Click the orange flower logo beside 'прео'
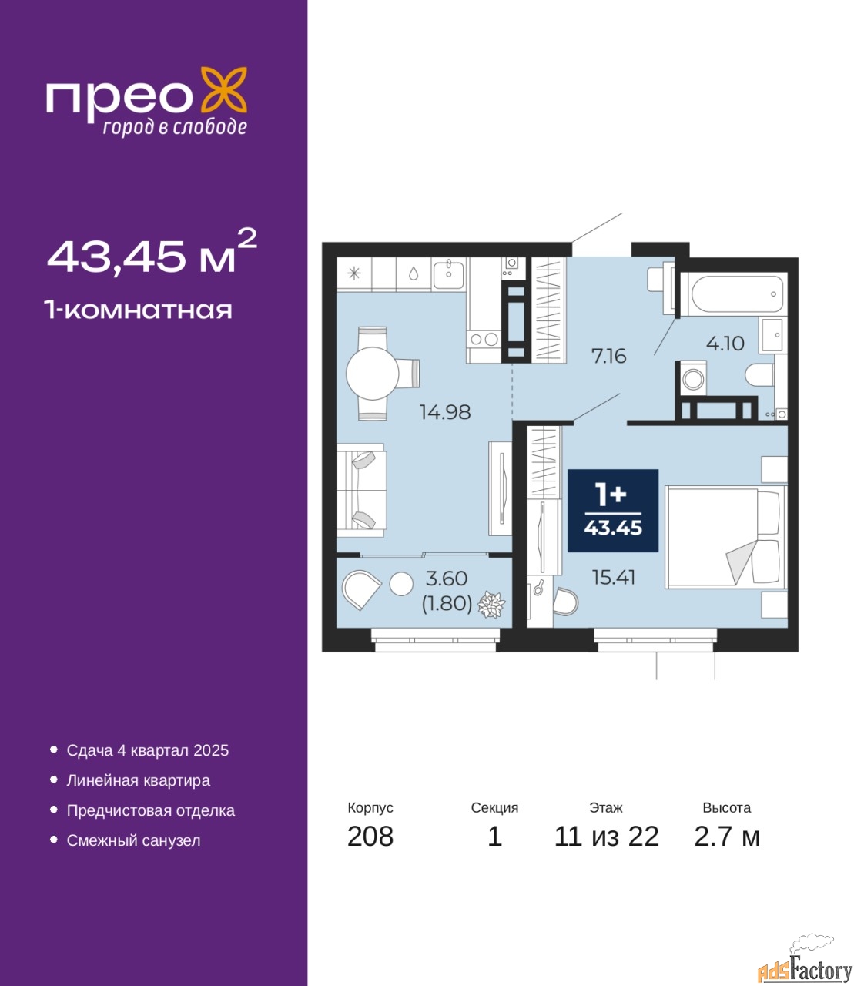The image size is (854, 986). point(223,89)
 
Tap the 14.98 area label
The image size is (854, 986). point(445,412)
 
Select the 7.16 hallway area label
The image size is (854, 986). point(608,356)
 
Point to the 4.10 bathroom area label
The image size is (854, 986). point(725,343)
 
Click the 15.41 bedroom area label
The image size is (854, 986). point(614,578)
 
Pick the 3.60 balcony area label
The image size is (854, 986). point(447,579)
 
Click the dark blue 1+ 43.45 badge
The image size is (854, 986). point(613,511)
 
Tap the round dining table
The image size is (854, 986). point(373,373)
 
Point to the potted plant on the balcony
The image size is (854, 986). point(491,605)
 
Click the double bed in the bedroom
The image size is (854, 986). point(725,537)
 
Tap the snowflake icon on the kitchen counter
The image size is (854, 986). point(353,273)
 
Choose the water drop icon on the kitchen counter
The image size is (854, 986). point(414,273)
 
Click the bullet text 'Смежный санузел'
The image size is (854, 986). point(133,840)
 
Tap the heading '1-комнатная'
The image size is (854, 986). point(139,310)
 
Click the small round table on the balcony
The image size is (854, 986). point(401,583)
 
